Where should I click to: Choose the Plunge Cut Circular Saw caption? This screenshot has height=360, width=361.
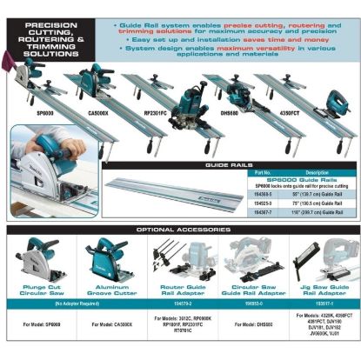point(37,288)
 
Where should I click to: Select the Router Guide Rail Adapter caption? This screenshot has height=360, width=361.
point(180,288)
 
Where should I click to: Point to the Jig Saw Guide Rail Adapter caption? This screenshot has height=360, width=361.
point(322,288)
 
